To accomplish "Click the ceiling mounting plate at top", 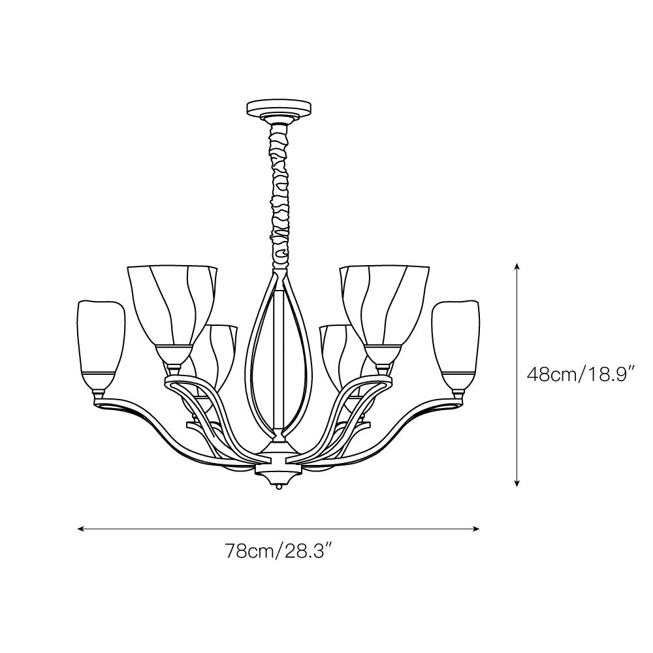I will tap(279, 108).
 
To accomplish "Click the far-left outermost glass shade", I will tap(100, 343).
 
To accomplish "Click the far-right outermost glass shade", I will tap(455, 343).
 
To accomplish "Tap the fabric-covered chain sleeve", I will tap(279, 196).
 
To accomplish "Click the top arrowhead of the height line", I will tap(517, 266).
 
